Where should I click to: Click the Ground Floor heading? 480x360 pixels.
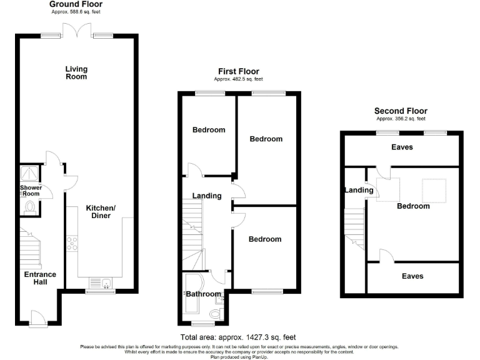76,4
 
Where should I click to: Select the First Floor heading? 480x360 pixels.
238,71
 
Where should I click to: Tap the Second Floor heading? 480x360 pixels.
401,111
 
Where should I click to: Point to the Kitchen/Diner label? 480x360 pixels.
98,212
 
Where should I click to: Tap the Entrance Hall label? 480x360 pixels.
40,278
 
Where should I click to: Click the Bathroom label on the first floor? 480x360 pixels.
203,294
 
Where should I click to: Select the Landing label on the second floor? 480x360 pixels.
359,190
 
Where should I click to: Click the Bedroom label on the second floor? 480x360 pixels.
412,206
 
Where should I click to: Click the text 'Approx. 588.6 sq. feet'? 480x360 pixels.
76,12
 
